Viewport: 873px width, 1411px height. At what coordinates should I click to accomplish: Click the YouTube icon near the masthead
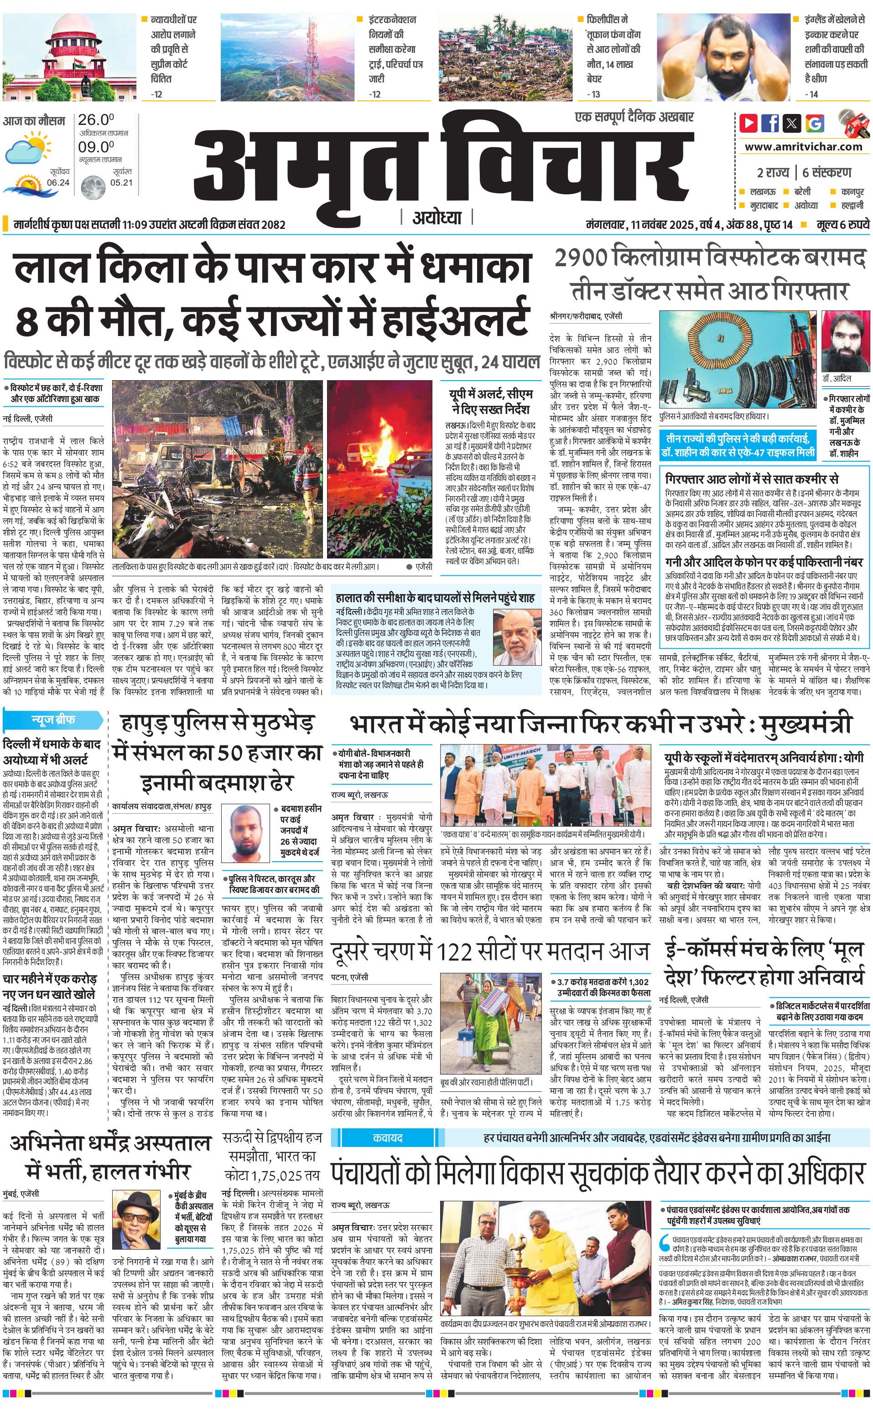748,123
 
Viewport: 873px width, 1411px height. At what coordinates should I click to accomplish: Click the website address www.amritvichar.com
803,147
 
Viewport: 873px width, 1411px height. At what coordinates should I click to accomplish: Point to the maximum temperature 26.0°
96,120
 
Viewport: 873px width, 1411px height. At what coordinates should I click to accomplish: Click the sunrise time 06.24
58,183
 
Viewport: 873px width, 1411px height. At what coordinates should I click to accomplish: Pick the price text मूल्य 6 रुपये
842,224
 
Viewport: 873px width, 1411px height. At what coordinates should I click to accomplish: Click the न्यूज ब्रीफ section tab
53,720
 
